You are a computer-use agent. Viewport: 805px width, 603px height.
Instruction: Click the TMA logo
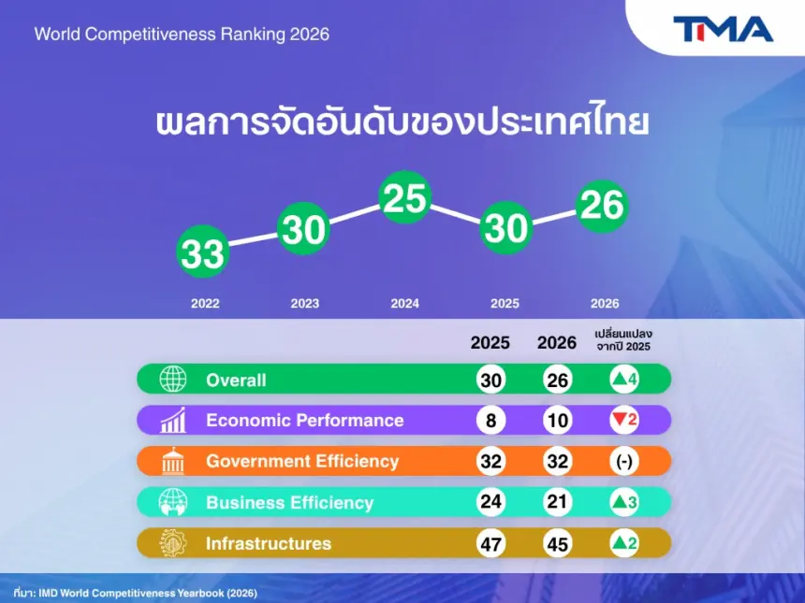click(x=723, y=29)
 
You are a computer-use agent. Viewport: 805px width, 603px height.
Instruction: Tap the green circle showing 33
click(x=203, y=251)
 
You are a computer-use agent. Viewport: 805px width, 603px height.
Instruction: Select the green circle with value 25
click(x=405, y=197)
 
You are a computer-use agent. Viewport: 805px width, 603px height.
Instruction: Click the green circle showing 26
click(x=602, y=206)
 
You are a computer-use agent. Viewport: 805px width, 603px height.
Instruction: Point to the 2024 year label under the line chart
click(x=405, y=304)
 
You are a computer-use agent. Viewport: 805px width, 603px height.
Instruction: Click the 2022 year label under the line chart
click(x=205, y=304)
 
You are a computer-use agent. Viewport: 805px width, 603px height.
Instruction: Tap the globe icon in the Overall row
click(x=173, y=379)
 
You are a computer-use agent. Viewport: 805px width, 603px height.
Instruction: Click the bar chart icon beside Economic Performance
click(x=173, y=420)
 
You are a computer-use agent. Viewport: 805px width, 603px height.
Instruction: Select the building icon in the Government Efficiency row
click(x=173, y=461)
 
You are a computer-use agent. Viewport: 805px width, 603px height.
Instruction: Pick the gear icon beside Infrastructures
click(x=173, y=543)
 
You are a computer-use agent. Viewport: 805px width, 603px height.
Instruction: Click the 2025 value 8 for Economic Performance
click(x=490, y=421)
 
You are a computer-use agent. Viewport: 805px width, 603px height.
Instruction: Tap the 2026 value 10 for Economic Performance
click(x=558, y=421)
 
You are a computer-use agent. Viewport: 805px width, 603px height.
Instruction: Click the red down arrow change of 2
click(x=624, y=420)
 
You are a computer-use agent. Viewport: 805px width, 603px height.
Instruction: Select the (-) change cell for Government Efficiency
click(x=624, y=461)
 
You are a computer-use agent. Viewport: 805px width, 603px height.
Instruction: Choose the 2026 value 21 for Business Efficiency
click(x=558, y=502)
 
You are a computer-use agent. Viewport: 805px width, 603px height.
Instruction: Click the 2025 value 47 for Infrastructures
click(x=490, y=543)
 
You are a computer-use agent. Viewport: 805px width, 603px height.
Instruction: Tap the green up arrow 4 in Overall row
click(x=624, y=380)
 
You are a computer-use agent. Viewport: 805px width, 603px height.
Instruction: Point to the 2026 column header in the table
click(x=557, y=342)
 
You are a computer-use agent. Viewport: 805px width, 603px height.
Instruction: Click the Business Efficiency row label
click(x=289, y=503)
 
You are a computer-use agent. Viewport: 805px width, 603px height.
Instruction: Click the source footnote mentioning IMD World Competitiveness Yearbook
click(x=136, y=593)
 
